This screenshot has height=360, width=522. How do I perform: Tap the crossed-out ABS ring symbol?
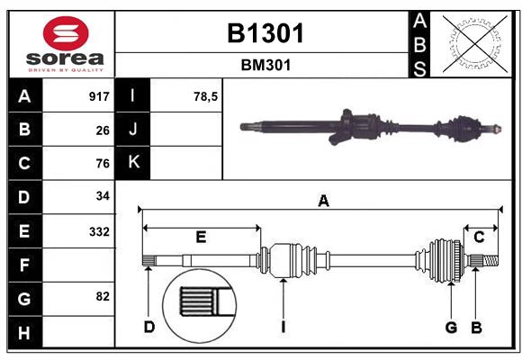point(471,44)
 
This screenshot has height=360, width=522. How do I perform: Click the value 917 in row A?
point(99,96)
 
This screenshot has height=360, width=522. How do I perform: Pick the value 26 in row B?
point(103,130)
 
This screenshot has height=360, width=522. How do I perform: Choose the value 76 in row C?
point(103,164)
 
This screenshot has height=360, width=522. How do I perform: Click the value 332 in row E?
point(99,231)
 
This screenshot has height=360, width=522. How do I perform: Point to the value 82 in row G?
point(103,296)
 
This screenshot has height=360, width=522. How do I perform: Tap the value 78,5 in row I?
point(206,96)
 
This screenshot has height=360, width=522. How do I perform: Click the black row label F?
point(25,265)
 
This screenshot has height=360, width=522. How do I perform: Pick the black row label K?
point(133,163)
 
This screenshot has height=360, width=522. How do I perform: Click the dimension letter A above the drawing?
point(323,202)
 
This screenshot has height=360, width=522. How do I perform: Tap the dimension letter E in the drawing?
point(202,238)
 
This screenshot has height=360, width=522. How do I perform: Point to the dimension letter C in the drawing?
point(480,238)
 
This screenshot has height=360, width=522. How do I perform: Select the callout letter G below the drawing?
point(451,327)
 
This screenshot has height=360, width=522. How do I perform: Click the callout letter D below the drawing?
point(149,327)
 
